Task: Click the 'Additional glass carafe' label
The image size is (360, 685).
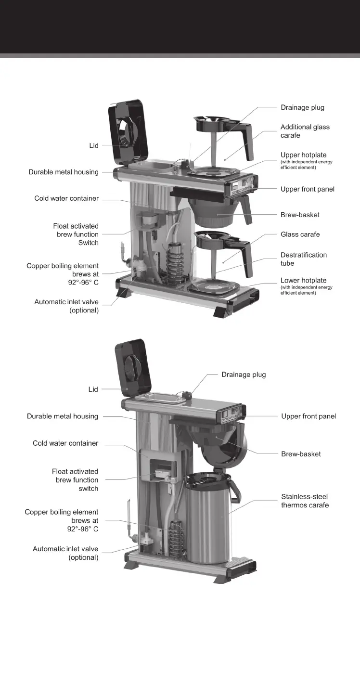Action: click(x=305, y=131)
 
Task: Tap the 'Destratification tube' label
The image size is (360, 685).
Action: click(x=303, y=259)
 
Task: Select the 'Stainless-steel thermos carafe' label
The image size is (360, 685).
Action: click(x=305, y=501)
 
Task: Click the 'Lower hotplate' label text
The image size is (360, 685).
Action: click(x=303, y=280)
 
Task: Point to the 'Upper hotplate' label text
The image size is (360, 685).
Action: click(x=303, y=155)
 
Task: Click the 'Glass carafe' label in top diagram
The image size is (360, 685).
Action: click(x=300, y=234)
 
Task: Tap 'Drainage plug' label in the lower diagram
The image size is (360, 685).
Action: click(x=243, y=375)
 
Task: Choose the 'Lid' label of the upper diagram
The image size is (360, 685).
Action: click(x=93, y=145)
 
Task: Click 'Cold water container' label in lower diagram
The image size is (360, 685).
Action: click(x=65, y=443)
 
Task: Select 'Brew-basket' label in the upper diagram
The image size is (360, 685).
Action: click(x=300, y=215)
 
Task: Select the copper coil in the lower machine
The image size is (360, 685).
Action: click(x=176, y=542)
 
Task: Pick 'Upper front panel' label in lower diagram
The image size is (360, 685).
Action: click(x=309, y=416)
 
